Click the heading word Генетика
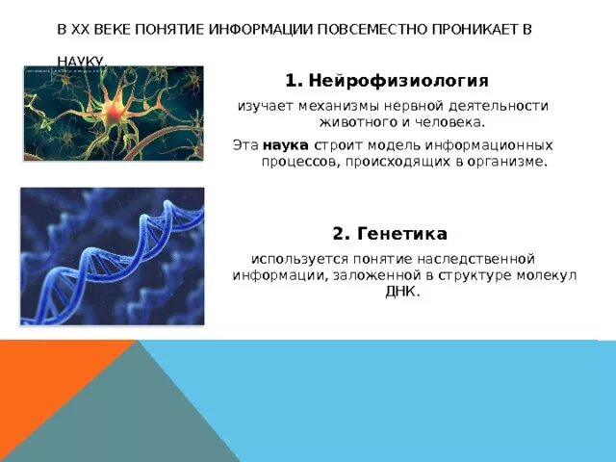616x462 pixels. pos(401,234)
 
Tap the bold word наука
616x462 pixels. pos(285,144)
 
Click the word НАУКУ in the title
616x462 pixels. pos(81,61)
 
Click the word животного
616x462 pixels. pos(355,123)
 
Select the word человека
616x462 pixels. pos(450,123)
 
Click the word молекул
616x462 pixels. pos(545,274)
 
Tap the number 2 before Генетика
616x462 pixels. pos(339,234)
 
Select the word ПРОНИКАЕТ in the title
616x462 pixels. pos(467,30)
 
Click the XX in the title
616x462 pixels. pos(80,30)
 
